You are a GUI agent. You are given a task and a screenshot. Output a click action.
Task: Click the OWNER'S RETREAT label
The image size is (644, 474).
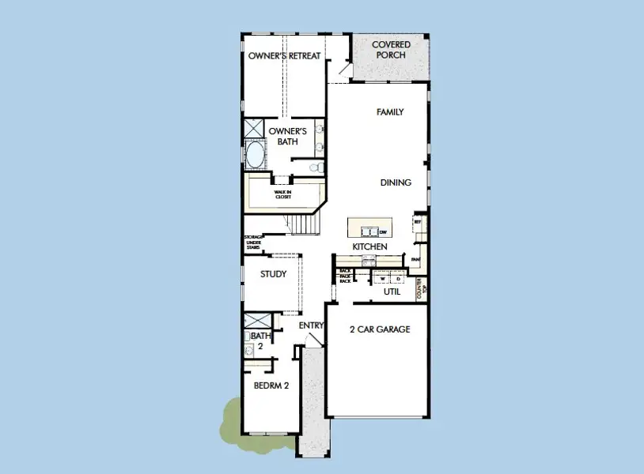click(x=285, y=56)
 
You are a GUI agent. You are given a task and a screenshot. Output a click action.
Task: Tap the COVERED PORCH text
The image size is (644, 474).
click(x=391, y=50)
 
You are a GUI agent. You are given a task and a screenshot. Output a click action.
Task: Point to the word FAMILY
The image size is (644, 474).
click(x=389, y=112)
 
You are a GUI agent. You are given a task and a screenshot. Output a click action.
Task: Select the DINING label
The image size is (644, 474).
click(x=396, y=182)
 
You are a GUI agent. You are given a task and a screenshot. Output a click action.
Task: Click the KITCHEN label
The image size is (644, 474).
click(x=369, y=247)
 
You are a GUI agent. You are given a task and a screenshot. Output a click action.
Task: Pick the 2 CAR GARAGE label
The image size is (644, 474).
click(x=380, y=329)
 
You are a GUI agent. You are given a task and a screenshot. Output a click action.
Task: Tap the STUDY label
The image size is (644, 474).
click(x=274, y=275)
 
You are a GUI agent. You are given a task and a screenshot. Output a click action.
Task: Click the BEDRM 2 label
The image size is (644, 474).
click(x=270, y=386)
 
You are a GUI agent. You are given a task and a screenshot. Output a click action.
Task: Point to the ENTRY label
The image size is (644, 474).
click(x=311, y=325)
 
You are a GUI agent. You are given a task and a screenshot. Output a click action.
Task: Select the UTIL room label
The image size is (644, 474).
click(x=392, y=292)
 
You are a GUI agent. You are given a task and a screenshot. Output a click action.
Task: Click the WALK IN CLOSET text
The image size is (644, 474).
click(x=283, y=194)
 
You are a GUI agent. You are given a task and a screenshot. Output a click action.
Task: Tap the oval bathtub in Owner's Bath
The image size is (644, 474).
click(x=255, y=155)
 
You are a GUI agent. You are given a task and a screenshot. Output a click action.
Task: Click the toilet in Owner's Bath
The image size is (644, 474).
click(x=315, y=167)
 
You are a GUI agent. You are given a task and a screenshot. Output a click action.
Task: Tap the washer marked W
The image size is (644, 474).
click(x=381, y=279)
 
